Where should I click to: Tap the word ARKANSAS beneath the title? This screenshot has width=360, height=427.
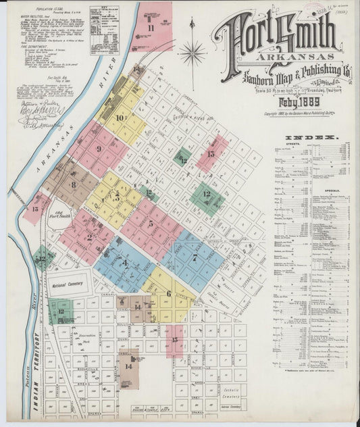pos(280,56)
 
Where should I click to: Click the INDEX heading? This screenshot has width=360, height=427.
pos(317,138)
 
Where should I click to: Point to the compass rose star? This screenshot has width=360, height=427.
pos(192,52)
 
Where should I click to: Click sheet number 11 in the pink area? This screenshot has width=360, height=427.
pos(151,28)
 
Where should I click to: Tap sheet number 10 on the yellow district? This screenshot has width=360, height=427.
pos(120,118)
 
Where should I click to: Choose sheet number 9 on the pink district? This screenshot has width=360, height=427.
pos(99,149)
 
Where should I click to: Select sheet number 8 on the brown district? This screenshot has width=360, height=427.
pos(73,184)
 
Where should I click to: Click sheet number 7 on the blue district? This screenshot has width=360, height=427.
pos(195,257)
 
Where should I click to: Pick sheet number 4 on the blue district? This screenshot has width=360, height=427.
pos(124,263)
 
